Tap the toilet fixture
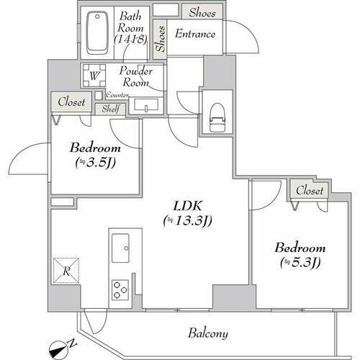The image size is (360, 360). [x=216, y=117]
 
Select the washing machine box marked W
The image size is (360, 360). [x=94, y=75]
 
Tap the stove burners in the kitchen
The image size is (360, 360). [x=120, y=289]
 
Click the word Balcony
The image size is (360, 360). [x=209, y=333]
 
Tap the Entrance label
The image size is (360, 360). [x=195, y=33]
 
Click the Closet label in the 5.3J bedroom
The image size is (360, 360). [x=310, y=191]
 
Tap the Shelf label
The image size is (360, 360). [x=112, y=109]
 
